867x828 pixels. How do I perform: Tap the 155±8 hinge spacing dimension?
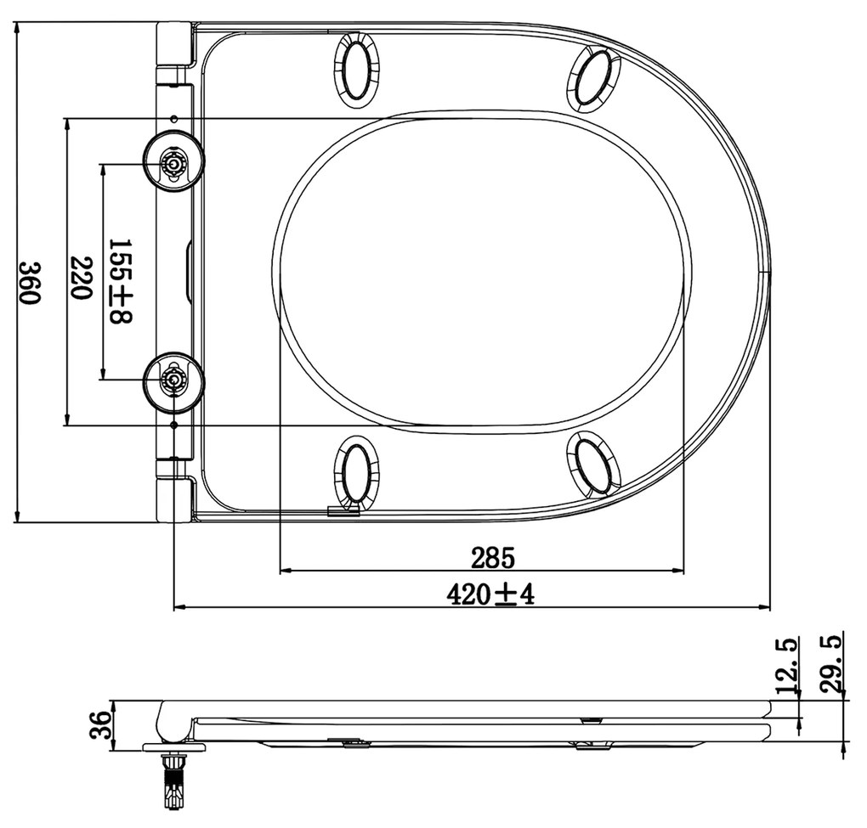click(121, 281)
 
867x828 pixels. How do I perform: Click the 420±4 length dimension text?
click(491, 594)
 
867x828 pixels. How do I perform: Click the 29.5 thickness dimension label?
click(831, 664)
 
